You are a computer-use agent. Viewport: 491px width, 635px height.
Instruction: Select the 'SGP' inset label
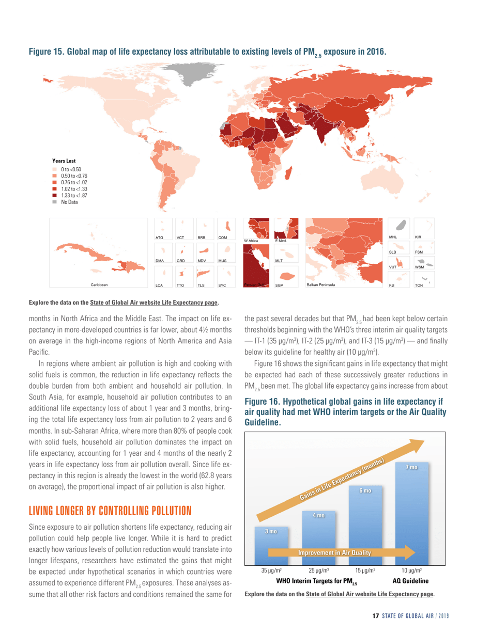tap(279, 285)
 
